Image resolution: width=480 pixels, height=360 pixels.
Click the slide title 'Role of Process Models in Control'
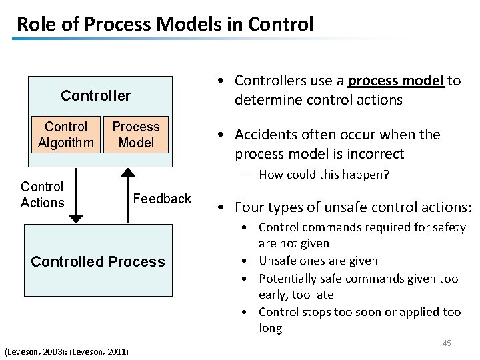pos(165,24)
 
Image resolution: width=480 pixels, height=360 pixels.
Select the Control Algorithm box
pos(66,135)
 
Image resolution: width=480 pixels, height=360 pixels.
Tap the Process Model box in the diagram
pos(135,135)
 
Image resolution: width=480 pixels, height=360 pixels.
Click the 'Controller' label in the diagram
pos(95,95)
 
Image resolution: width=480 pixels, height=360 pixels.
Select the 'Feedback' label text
pos(162,199)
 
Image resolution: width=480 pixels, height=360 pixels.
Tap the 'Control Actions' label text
pos(42,195)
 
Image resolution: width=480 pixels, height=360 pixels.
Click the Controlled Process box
pos(98,261)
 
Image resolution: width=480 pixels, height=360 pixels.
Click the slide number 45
pos(447,343)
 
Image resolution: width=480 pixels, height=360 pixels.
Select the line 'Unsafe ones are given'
pos(318,261)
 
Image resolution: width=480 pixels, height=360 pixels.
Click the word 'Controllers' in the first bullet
pos(273,81)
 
